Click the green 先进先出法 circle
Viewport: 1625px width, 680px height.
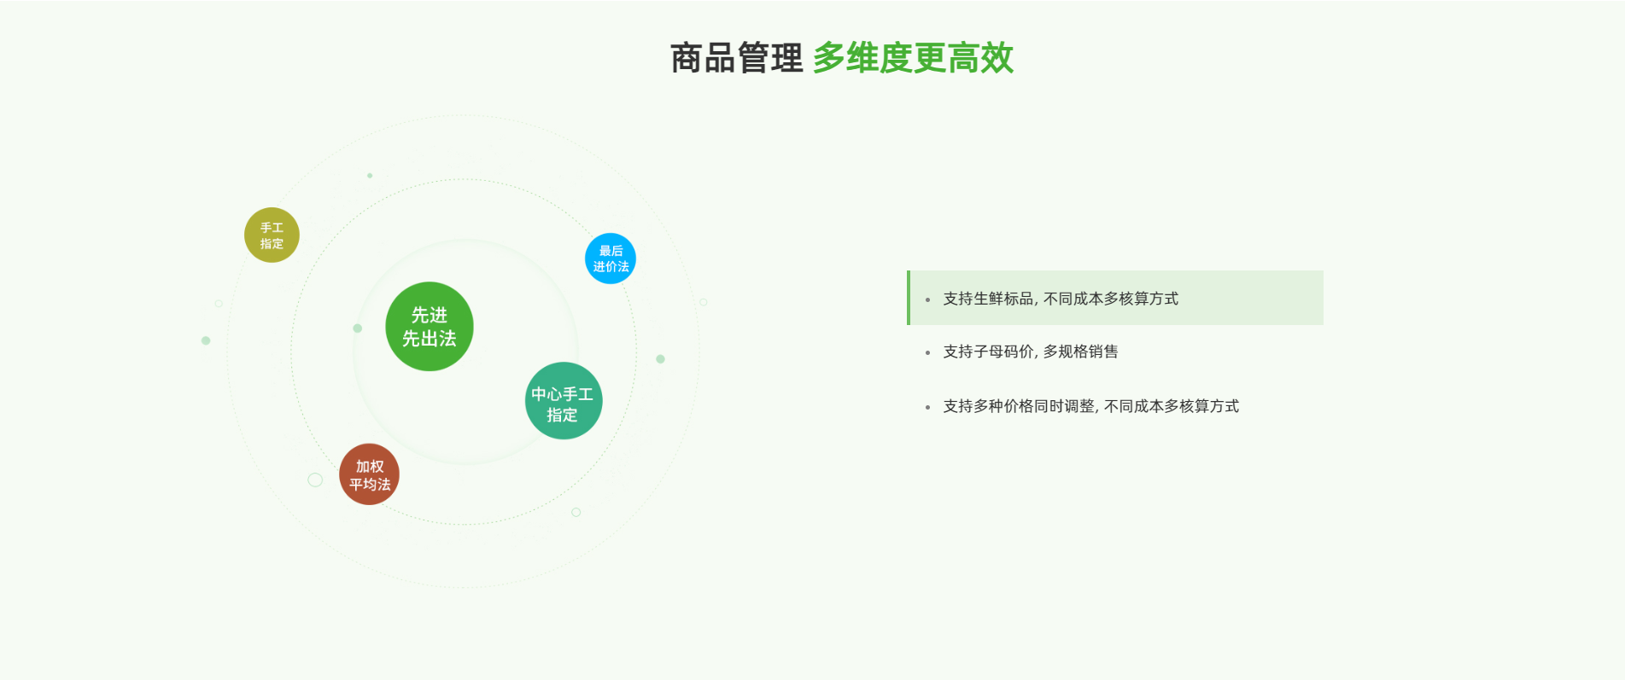coord(430,327)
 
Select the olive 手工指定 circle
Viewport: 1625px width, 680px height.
coord(272,235)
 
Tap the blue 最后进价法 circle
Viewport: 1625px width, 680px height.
coord(611,259)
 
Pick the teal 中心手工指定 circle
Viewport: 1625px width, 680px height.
coord(564,401)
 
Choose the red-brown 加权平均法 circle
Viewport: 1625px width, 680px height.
coord(369,474)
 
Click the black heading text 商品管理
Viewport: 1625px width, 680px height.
coord(736,59)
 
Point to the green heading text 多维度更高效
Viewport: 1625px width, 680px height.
coord(913,59)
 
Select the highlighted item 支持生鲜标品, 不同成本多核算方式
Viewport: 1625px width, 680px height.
coord(1061,299)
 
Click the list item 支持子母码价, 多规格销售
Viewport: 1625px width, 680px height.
coord(1030,352)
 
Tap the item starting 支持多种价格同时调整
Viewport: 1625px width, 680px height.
coord(1090,406)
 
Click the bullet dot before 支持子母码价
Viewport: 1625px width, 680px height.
coord(927,352)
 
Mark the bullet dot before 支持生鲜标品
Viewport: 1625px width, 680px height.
coord(927,299)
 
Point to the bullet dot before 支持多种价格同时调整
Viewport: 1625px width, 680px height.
coord(927,408)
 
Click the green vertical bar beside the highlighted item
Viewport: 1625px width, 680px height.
coord(909,298)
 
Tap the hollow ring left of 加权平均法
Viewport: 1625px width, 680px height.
coord(315,479)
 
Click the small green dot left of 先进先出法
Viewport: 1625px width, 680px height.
coord(358,328)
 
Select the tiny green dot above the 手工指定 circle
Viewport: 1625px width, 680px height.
coord(370,176)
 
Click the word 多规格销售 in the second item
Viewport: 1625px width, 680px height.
coord(1080,352)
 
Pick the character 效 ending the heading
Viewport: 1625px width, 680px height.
coord(997,59)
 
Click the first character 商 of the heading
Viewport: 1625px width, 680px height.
coord(687,59)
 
